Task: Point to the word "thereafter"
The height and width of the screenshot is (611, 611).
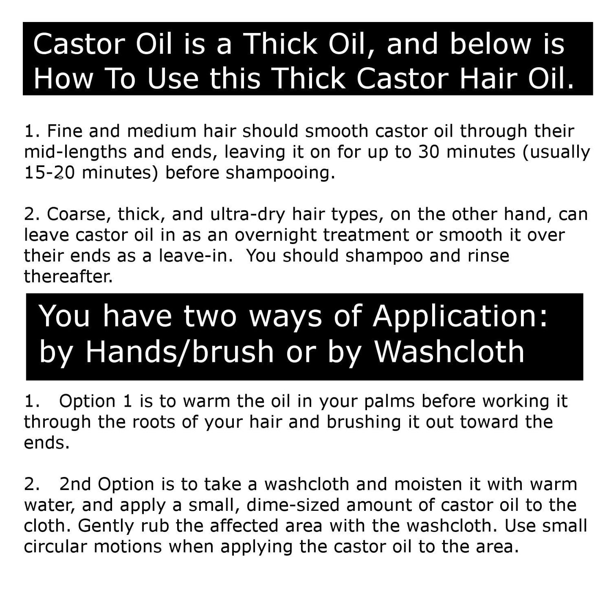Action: (x=68, y=276)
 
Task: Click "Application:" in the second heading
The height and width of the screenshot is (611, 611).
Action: (x=460, y=316)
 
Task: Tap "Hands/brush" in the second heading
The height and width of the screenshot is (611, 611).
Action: (x=180, y=351)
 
